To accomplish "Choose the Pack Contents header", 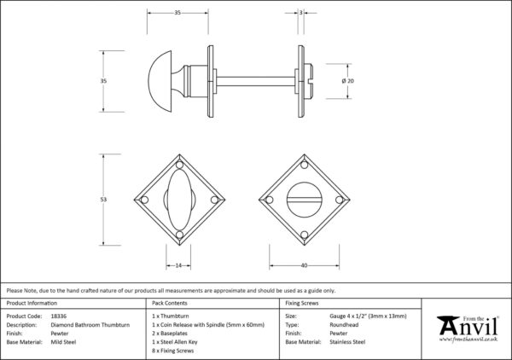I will tap(170, 303).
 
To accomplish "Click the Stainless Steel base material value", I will tap(348, 341).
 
